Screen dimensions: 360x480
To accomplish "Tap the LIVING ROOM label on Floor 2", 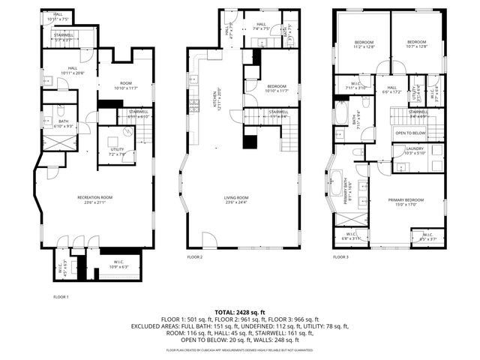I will pyautogui.click(x=236, y=199).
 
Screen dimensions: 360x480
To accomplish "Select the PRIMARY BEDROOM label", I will pyautogui.click(x=406, y=200).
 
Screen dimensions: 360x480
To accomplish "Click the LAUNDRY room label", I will pyautogui.click(x=415, y=150).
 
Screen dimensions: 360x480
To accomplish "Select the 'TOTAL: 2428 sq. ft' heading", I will pyautogui.click(x=239, y=311).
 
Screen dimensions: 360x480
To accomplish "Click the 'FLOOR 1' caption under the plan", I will pyautogui.click(x=61, y=297).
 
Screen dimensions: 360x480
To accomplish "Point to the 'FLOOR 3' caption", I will pyautogui.click(x=341, y=256).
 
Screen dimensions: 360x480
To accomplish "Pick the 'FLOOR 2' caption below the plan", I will pyautogui.click(x=195, y=256).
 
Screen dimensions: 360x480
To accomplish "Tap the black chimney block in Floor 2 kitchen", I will pyautogui.click(x=247, y=142).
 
